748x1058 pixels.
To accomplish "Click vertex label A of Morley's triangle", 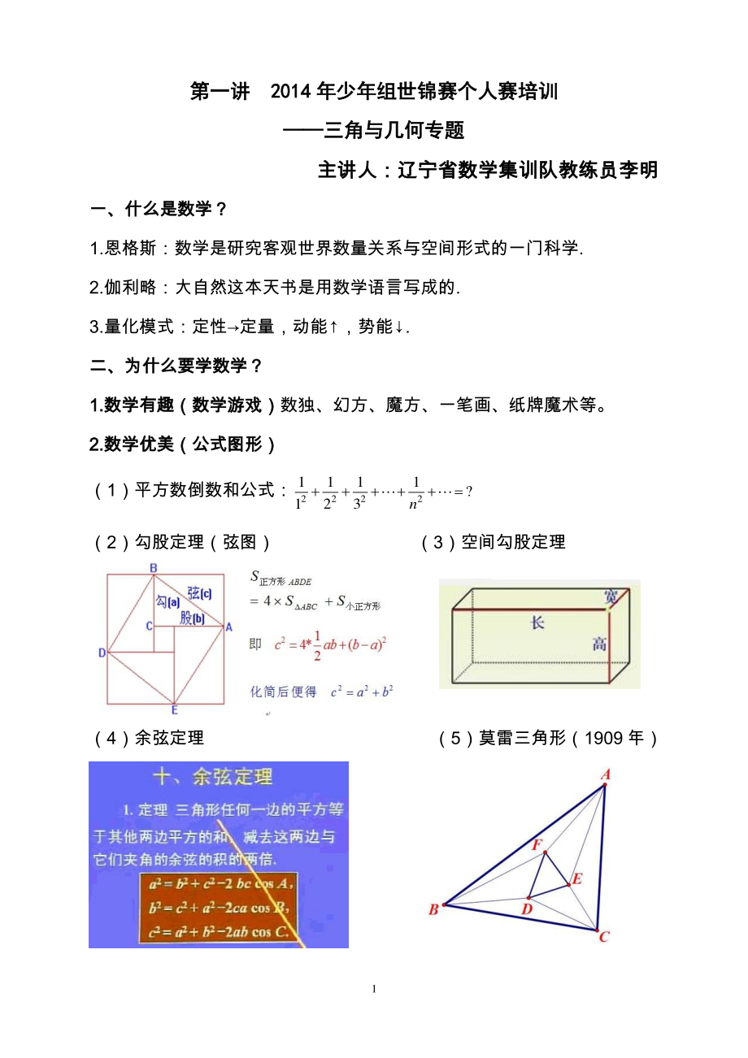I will point(606,775).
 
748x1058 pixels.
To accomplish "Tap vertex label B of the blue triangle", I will point(433,909).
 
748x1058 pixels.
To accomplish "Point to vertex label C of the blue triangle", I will point(604,937).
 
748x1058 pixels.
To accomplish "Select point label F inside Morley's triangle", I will point(537,845).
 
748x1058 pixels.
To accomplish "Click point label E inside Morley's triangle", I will point(577,878).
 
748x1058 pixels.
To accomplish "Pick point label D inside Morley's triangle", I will point(527,908).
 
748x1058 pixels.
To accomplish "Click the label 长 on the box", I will point(537,623).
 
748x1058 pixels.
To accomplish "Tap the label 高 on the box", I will point(599,645).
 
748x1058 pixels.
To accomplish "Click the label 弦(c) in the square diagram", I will point(199,594).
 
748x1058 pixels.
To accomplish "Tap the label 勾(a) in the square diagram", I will point(167,601).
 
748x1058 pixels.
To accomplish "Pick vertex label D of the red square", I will point(102,653).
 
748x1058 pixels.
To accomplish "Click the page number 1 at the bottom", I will point(374,989).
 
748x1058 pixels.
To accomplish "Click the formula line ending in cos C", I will point(219,931).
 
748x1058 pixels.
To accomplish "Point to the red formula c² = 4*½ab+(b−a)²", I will point(330,646).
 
